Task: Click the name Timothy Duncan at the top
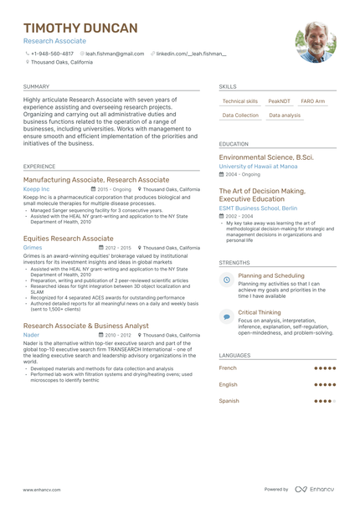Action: click(x=80, y=28)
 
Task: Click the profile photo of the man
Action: click(x=316, y=42)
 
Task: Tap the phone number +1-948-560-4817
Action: click(x=52, y=54)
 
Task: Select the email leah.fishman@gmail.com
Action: click(x=115, y=54)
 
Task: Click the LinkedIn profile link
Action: click(x=191, y=54)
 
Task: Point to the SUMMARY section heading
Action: click(x=36, y=86)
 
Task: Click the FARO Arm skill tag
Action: click(x=313, y=101)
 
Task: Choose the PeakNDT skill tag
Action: click(x=280, y=101)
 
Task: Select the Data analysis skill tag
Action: click(x=285, y=116)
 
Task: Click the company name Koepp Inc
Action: click(x=36, y=189)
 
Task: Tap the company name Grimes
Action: click(x=33, y=248)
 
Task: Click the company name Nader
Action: click(x=31, y=335)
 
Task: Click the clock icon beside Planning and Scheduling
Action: click(x=226, y=279)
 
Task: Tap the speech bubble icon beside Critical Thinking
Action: click(x=226, y=316)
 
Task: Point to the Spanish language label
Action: click(x=229, y=401)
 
